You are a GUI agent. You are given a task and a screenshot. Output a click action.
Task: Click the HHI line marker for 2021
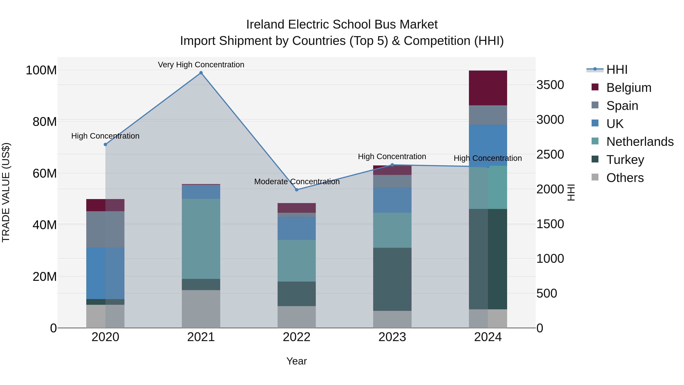pos(201,73)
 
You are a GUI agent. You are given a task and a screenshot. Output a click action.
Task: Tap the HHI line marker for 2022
pos(297,190)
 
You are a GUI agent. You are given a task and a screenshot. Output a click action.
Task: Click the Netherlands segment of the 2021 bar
pos(201,239)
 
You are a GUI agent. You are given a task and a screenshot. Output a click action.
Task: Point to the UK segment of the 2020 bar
pos(105,273)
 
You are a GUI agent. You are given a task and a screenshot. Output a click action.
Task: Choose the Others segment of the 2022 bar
pos(297,317)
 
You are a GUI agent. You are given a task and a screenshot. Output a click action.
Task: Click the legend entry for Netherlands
pos(640,142)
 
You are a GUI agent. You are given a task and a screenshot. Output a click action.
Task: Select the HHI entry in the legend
pos(617,70)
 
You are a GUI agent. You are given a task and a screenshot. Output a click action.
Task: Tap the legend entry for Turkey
pos(625,160)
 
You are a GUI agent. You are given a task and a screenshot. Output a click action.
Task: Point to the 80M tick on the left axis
pos(45,122)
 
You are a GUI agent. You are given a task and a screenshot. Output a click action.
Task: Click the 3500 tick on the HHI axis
pos(550,85)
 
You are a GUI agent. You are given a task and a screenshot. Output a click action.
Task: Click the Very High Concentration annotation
pos(201,65)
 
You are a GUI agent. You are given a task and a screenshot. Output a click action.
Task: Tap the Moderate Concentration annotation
pos(297,182)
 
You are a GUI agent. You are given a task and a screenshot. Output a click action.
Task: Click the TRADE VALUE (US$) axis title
pos(6,192)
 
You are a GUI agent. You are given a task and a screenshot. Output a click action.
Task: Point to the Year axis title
pos(297,361)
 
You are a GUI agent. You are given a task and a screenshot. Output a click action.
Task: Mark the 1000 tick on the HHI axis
pos(550,259)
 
